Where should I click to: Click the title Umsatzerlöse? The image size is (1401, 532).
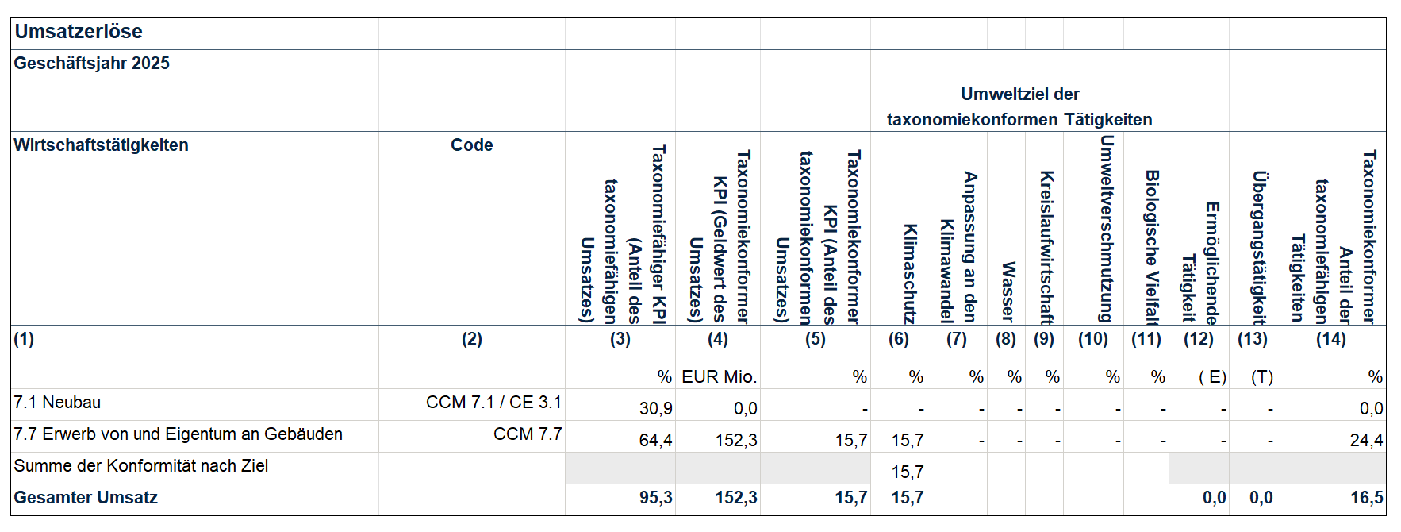(x=79, y=32)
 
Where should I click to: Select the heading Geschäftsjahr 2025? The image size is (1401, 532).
(x=91, y=64)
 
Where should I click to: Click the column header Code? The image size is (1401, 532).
(x=471, y=145)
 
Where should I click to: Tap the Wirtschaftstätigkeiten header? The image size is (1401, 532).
(x=101, y=145)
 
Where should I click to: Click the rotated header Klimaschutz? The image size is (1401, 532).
(x=910, y=274)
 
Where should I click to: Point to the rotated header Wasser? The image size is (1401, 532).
(x=1008, y=291)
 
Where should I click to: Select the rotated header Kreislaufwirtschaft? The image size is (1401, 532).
(x=1046, y=247)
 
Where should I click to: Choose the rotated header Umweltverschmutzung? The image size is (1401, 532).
(x=1107, y=229)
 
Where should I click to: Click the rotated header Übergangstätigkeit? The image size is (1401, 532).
(x=1258, y=247)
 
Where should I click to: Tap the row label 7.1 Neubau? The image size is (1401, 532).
(x=57, y=403)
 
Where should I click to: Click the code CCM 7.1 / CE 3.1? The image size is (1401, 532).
(x=493, y=403)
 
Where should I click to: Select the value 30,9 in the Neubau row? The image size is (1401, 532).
(x=655, y=408)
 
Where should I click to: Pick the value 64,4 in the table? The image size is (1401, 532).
(x=655, y=440)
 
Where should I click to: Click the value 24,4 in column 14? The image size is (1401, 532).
(x=1366, y=440)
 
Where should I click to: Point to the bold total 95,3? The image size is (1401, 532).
(x=655, y=498)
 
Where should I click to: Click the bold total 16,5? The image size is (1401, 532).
(x=1366, y=498)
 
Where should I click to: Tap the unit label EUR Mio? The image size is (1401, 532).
(x=719, y=377)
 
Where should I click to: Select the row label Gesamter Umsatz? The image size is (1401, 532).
(x=86, y=498)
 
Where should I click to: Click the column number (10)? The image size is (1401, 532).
(x=1092, y=339)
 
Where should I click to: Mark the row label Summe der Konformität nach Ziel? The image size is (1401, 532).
(x=140, y=466)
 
